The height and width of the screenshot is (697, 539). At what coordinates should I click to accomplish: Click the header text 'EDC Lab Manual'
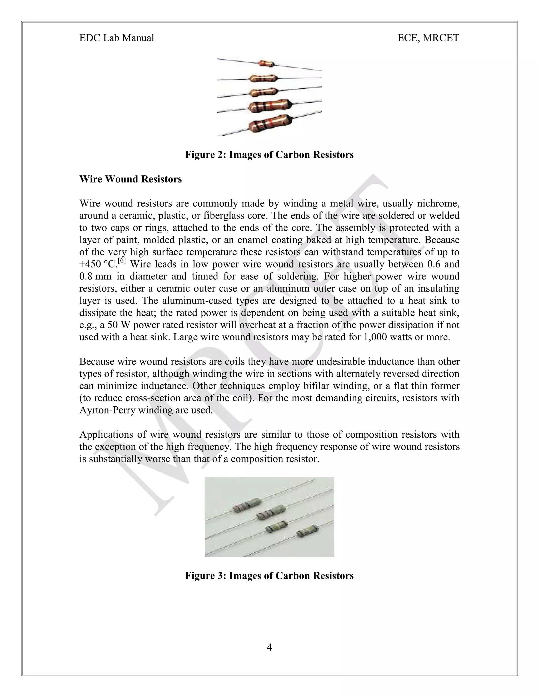coord(117,38)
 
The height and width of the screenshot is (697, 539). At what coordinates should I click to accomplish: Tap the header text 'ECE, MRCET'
coord(428,38)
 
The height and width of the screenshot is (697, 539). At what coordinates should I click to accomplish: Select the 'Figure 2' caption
coord(269,155)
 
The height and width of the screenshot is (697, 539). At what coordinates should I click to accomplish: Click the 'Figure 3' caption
coord(269,575)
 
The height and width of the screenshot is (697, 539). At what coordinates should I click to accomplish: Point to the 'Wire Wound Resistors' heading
coord(130,179)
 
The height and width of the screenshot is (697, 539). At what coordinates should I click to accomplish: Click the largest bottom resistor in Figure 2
coord(271,124)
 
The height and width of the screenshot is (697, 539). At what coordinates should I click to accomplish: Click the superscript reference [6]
coord(122,261)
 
